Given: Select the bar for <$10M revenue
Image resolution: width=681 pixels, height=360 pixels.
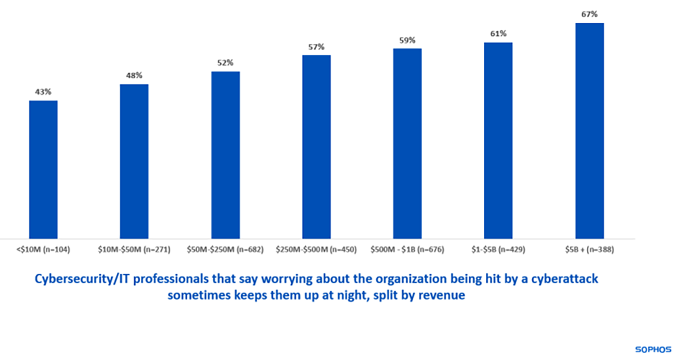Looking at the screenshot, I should point(43,169).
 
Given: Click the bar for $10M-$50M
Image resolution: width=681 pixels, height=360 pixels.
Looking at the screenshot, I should point(134,161).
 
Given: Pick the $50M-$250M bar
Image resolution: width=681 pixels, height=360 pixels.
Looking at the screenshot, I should point(225,155).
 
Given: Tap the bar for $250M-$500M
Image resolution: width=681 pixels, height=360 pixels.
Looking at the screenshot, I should point(316,146).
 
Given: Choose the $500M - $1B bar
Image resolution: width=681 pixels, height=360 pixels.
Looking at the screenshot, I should point(407,143).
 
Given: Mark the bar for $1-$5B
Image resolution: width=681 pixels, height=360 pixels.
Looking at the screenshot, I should point(498,140).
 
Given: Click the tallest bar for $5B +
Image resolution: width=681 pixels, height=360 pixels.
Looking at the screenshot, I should point(589,131).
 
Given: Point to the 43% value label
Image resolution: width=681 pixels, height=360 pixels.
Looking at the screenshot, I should point(43,91).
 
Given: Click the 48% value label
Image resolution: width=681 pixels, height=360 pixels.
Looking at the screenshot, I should point(134,75).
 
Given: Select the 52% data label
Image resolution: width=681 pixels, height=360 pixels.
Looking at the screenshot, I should point(225,62).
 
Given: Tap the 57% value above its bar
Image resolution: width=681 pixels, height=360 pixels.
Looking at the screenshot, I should point(316,47).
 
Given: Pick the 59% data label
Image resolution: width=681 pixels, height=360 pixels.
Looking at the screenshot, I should point(407,40).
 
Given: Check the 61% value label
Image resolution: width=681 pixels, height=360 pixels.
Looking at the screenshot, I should point(498,34).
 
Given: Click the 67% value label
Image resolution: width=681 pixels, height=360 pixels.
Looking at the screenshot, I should point(589,14).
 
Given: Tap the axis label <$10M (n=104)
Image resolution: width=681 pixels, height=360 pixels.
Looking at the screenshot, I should point(43,249).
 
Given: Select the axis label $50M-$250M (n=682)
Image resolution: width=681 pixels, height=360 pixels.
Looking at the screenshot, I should point(225,249).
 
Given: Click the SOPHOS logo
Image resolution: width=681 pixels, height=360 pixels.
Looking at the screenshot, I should point(652,348).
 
